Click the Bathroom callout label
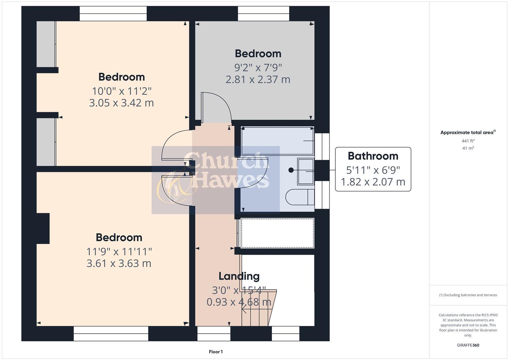point(373,156)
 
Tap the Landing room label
point(239,276)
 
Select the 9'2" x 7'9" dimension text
point(258,67)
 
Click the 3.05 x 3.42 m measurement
point(121,103)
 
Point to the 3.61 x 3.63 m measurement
point(119,263)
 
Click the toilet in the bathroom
point(299,197)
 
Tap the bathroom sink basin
point(305,171)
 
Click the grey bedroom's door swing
point(217,107)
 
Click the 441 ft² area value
point(468,141)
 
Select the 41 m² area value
point(468,148)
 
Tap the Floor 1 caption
point(216,352)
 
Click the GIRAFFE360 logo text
point(468,345)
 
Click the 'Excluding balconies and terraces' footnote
point(468,295)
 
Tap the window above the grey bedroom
point(263,13)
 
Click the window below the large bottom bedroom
point(111,333)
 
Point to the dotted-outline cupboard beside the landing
point(277,233)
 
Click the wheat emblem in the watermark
point(173,187)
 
